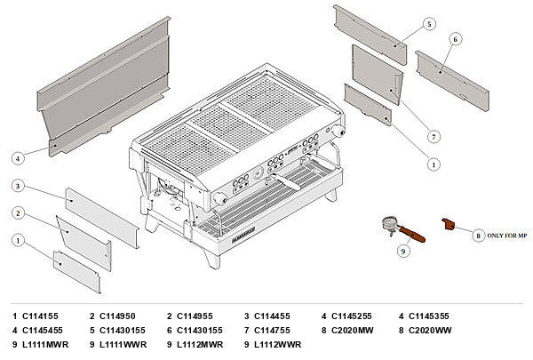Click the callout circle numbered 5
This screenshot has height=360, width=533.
click(429, 24)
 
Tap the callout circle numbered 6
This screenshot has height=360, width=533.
click(456, 39)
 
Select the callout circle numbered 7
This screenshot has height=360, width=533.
click(434, 137)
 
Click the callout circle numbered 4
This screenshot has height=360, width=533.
click(18, 158)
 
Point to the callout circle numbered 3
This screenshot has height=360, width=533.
click(18, 186)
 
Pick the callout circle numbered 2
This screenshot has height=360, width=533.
click(18, 213)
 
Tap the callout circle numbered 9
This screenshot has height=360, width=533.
click(403, 252)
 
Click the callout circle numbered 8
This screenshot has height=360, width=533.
click(478, 236)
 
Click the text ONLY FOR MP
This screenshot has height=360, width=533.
click(507, 236)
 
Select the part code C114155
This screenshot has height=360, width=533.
click(40, 316)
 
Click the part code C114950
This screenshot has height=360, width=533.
click(117, 316)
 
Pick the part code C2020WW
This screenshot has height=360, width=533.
click(430, 331)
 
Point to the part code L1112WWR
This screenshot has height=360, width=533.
click(278, 345)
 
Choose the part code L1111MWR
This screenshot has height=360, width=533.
click(45, 345)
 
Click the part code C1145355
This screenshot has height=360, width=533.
click(429, 316)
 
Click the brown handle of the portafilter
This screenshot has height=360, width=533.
click(412, 234)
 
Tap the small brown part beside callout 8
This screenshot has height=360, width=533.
click(448, 224)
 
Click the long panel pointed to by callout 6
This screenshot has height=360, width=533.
click(452, 80)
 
